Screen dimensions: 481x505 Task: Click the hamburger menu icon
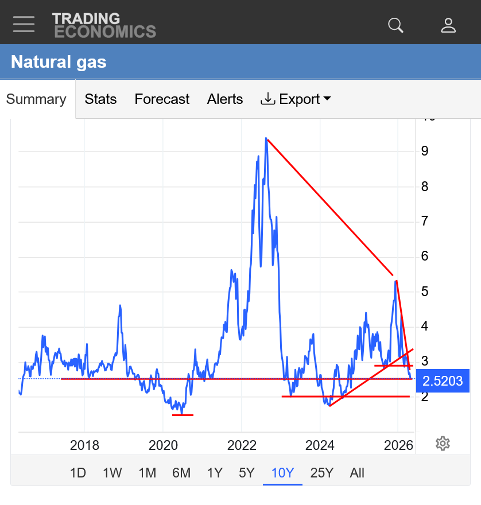(x=24, y=24)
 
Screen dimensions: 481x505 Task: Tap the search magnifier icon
(x=395, y=25)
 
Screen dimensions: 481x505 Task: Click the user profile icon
(x=448, y=25)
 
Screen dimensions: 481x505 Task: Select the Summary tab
(x=36, y=99)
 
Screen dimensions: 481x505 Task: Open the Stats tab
(x=100, y=99)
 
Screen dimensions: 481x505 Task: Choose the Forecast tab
(x=162, y=99)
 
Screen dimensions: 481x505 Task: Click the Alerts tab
(x=225, y=99)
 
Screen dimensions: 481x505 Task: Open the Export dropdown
(x=296, y=99)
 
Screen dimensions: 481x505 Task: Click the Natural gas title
(x=59, y=62)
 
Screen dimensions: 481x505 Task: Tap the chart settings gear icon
(x=443, y=444)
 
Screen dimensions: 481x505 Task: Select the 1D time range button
(x=78, y=473)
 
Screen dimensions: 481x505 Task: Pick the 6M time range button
(x=181, y=473)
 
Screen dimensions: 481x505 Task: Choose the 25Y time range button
(x=322, y=473)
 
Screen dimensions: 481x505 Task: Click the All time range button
(x=357, y=473)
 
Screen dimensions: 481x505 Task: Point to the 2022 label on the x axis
(x=242, y=445)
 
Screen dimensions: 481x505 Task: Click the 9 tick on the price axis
(x=425, y=151)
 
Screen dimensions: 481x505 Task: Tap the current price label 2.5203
(x=443, y=381)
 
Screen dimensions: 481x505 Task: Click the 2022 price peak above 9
(x=266, y=138)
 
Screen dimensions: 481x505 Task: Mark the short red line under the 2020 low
(x=183, y=415)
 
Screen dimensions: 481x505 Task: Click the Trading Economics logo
(x=104, y=25)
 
